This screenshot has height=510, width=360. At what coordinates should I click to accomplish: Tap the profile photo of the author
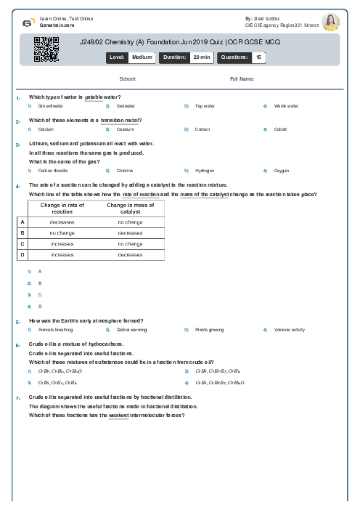330,22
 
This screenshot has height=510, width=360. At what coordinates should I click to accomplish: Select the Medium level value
142,57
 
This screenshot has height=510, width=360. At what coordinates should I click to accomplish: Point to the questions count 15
260,57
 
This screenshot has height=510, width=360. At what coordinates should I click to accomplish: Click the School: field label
128,78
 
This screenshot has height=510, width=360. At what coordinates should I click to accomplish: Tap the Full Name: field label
242,78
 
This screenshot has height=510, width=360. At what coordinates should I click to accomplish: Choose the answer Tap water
205,106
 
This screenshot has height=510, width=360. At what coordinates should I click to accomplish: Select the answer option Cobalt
281,129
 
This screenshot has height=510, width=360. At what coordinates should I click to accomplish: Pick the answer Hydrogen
205,171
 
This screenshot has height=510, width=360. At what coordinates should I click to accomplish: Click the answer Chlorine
126,171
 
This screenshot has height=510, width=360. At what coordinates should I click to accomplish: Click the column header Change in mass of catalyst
130,209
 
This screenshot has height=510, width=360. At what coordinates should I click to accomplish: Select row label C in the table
22,243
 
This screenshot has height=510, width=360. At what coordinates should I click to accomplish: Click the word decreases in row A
62,222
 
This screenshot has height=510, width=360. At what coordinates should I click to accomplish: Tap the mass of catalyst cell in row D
130,255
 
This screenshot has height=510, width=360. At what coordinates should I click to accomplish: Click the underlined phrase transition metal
120,120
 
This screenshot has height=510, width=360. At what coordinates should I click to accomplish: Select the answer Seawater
126,106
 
